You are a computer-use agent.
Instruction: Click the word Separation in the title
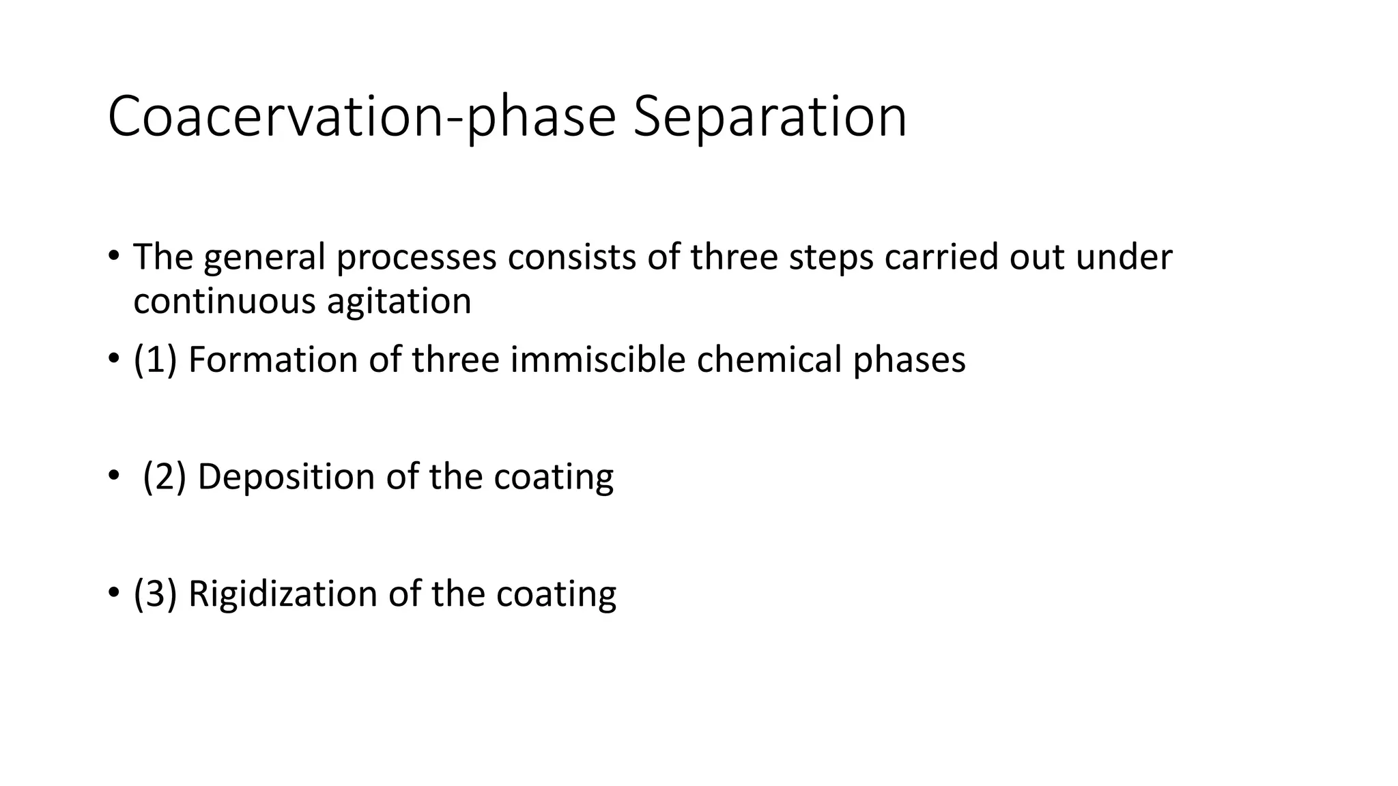pos(769,117)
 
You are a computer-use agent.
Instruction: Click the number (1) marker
pos(155,360)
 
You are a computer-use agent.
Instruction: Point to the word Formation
pos(272,360)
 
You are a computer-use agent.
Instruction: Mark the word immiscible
pos(597,360)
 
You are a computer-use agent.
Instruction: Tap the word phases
pos(909,361)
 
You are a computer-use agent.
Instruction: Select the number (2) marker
pos(165,476)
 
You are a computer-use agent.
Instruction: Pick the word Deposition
pos(286,478)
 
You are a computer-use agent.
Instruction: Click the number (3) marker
pos(155,594)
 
